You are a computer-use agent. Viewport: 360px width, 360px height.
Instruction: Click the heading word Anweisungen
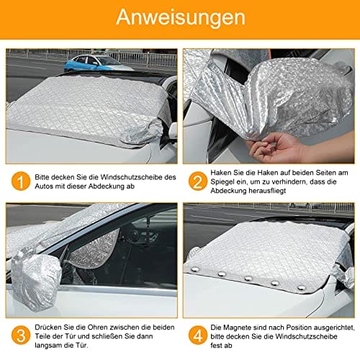(x=181, y=17)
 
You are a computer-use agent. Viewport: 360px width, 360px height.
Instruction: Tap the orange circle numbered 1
(x=21, y=181)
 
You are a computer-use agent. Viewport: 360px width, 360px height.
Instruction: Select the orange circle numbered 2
(x=198, y=181)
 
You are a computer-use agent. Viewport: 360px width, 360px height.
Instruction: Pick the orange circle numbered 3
(x=21, y=336)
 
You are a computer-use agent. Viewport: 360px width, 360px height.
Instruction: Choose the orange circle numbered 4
(x=198, y=336)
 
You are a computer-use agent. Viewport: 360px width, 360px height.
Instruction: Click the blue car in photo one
(x=97, y=63)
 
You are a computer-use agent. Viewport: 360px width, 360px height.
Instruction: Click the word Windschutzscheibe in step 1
(x=131, y=177)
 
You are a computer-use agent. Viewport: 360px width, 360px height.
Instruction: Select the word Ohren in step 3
(x=98, y=327)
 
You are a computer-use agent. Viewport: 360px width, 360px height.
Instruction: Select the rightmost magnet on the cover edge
(x=301, y=287)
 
